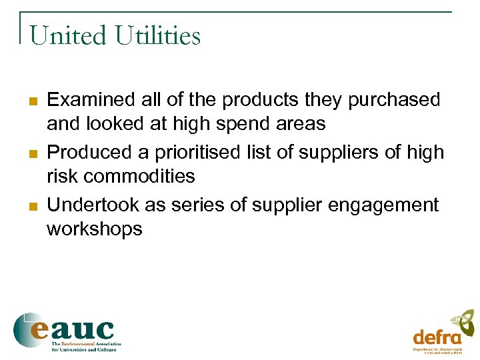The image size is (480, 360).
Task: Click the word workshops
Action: [94, 229]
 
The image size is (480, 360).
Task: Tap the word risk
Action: [59, 177]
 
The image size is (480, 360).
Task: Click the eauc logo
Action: [65, 331]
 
